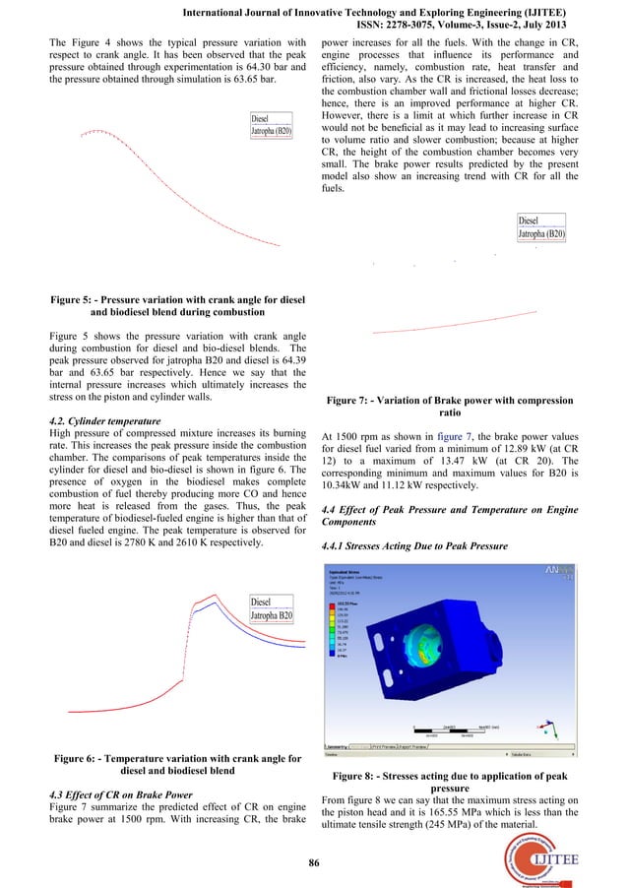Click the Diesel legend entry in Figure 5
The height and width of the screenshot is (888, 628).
261,119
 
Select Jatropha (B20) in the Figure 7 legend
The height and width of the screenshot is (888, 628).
541,235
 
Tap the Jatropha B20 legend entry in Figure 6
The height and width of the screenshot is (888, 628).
272,616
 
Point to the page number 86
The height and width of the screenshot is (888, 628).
314,863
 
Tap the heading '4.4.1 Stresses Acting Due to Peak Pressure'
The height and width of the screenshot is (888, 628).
420,546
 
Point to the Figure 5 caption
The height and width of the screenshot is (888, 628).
181,305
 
